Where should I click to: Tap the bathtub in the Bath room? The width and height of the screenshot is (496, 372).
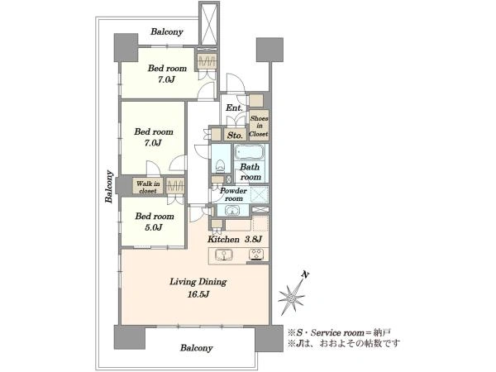pos(249,152)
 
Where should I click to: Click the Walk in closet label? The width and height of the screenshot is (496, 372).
pos(148,187)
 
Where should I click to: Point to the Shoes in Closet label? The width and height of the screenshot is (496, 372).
pos(259,126)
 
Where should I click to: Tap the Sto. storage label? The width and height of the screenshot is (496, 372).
pos(235,136)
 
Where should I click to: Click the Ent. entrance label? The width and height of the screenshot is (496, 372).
pos(234,107)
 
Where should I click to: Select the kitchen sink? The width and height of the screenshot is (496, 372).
pos(224,255)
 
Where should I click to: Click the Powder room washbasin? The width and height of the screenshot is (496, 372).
pos(233,210)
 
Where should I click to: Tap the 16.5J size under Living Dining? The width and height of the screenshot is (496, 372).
pos(198,295)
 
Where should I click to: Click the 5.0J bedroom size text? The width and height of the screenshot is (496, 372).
pos(154,227)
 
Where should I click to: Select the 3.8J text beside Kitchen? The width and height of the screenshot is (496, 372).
pos(253,239)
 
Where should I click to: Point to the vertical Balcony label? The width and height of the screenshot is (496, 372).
pos(109,186)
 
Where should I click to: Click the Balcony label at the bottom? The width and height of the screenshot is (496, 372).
pos(196,348)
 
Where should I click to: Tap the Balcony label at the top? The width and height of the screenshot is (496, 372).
pos(167,32)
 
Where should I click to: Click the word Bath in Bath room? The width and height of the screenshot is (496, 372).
pos(250,167)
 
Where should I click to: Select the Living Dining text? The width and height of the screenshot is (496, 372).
pos(198,282)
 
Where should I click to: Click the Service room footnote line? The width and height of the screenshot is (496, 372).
pos(339,333)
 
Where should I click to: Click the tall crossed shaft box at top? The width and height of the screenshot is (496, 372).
pos(209,25)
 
